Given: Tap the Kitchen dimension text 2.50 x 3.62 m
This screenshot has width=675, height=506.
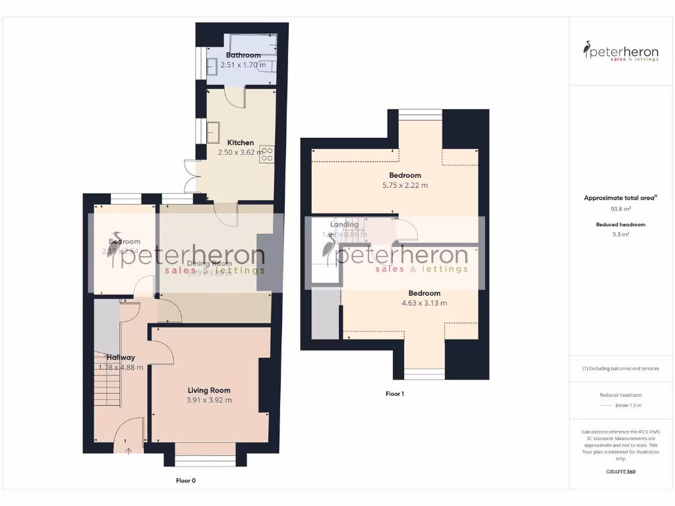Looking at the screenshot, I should coord(241,152).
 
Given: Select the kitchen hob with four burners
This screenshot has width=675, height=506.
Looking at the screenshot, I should coord(267,154).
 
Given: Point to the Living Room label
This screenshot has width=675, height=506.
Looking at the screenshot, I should coord(209,390).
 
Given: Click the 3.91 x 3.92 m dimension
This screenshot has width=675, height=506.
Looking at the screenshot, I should coord(209,400).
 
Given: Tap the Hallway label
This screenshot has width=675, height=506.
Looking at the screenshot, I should coord(121,358).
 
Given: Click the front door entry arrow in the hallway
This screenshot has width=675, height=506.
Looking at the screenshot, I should coord(128,451).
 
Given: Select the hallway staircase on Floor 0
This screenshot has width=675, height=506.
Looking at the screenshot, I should coord(107,389).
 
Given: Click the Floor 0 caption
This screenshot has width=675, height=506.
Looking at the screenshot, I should coord(186,480).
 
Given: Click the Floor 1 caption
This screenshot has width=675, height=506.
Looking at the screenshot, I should coord(395,393).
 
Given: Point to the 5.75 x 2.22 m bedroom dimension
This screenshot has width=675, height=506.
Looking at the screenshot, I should coord(405,185).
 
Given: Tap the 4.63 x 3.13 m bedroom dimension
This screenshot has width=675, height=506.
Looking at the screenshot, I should coord(424,303).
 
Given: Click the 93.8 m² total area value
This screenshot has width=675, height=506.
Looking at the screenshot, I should coord(620,209).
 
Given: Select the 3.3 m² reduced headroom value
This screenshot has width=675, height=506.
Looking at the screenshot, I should coord(620,234).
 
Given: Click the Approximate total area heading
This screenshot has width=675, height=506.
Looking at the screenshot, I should coord(620,198).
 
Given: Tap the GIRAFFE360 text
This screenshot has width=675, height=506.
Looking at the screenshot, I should coord(620,472).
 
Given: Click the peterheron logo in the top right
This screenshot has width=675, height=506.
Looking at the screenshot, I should coord(620,51).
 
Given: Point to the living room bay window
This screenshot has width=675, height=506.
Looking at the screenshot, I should coord(205,461).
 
